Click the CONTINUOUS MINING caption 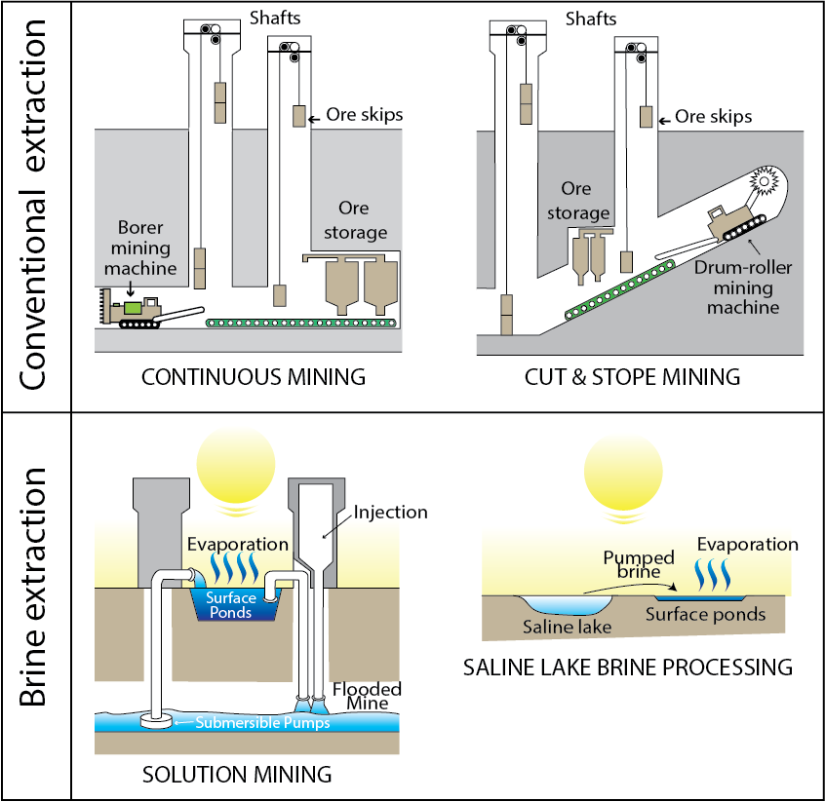coord(254,376)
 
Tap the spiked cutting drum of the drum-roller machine coord(763,185)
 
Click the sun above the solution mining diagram coord(236,465)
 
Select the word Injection coord(390,512)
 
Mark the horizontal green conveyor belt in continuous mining coord(301,323)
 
